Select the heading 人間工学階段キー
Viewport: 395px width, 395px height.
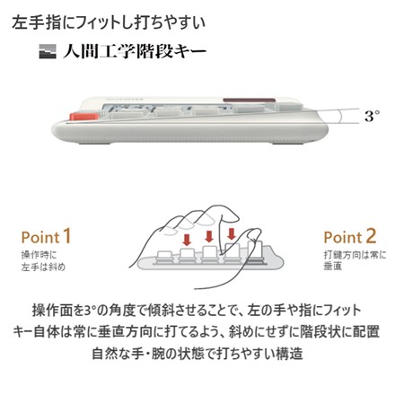pyautogui.click(x=135, y=51)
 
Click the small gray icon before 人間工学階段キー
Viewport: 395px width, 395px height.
pyautogui.click(x=48, y=52)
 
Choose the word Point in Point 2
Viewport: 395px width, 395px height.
pyautogui.click(x=341, y=238)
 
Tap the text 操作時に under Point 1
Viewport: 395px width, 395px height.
pyautogui.click(x=35, y=255)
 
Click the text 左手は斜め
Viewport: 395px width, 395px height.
pyautogui.click(x=42, y=267)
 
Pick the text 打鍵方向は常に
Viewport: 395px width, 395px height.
pyautogui.click(x=351, y=255)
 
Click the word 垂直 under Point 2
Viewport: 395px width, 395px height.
pyautogui.click(x=334, y=267)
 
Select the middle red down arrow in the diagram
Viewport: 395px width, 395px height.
pyautogui.click(x=210, y=237)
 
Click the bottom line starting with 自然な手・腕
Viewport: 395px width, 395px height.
pyautogui.click(x=197, y=354)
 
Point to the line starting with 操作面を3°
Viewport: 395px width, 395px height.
pyautogui.click(x=197, y=310)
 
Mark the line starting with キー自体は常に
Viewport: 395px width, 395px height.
pyautogui.click(x=197, y=332)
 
